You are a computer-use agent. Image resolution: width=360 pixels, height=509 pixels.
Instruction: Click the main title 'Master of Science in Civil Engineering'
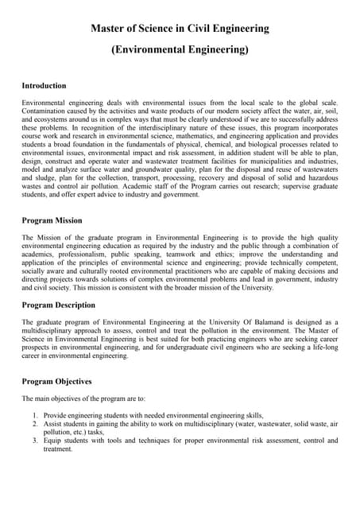click(180, 29)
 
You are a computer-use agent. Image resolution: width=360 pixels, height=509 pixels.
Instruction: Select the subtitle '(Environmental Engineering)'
click(180, 50)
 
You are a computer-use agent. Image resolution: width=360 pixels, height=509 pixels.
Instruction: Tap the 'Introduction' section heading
click(44, 85)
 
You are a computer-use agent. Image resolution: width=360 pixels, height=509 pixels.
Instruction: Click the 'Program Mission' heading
click(52, 221)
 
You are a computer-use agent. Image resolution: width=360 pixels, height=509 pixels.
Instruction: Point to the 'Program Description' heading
click(58, 305)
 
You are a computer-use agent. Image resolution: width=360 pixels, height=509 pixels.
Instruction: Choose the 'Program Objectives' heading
click(56, 381)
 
